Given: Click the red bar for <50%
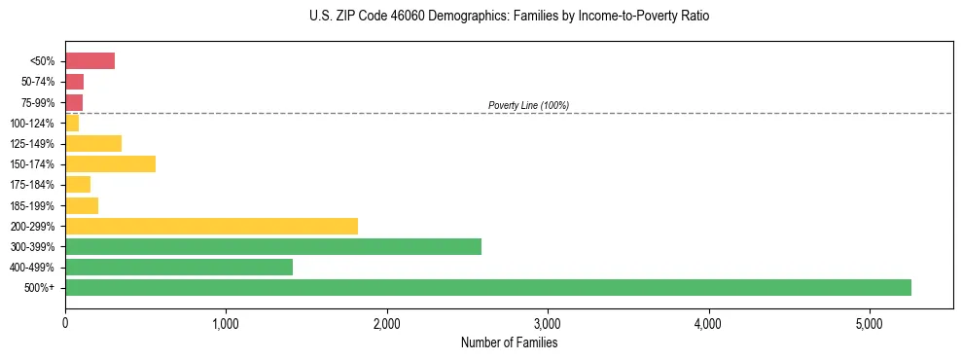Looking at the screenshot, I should pyautogui.click(x=89, y=61).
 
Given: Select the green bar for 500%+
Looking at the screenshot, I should pyautogui.click(x=487, y=287).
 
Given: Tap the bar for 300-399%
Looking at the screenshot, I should pyautogui.click(x=272, y=246).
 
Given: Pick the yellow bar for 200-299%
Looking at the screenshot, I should pyautogui.click(x=211, y=226).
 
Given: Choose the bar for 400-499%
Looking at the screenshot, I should pyautogui.click(x=179, y=267).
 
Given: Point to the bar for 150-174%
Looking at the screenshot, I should pyautogui.click(x=110, y=163).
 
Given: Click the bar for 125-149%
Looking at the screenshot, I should pyautogui.click(x=93, y=143).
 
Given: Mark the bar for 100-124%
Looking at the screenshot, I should pyautogui.click(x=72, y=123).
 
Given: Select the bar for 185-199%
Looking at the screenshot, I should pyautogui.click(x=82, y=205).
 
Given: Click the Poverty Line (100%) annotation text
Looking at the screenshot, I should pyautogui.click(x=528, y=105).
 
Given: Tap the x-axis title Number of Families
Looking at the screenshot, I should pyautogui.click(x=509, y=342).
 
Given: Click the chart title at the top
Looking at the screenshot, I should pyautogui.click(x=510, y=17).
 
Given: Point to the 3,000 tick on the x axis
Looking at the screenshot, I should pyautogui.click(x=548, y=323).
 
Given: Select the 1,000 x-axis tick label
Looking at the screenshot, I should pyautogui.click(x=226, y=323).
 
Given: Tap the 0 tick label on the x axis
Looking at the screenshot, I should pyautogui.click(x=65, y=323).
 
